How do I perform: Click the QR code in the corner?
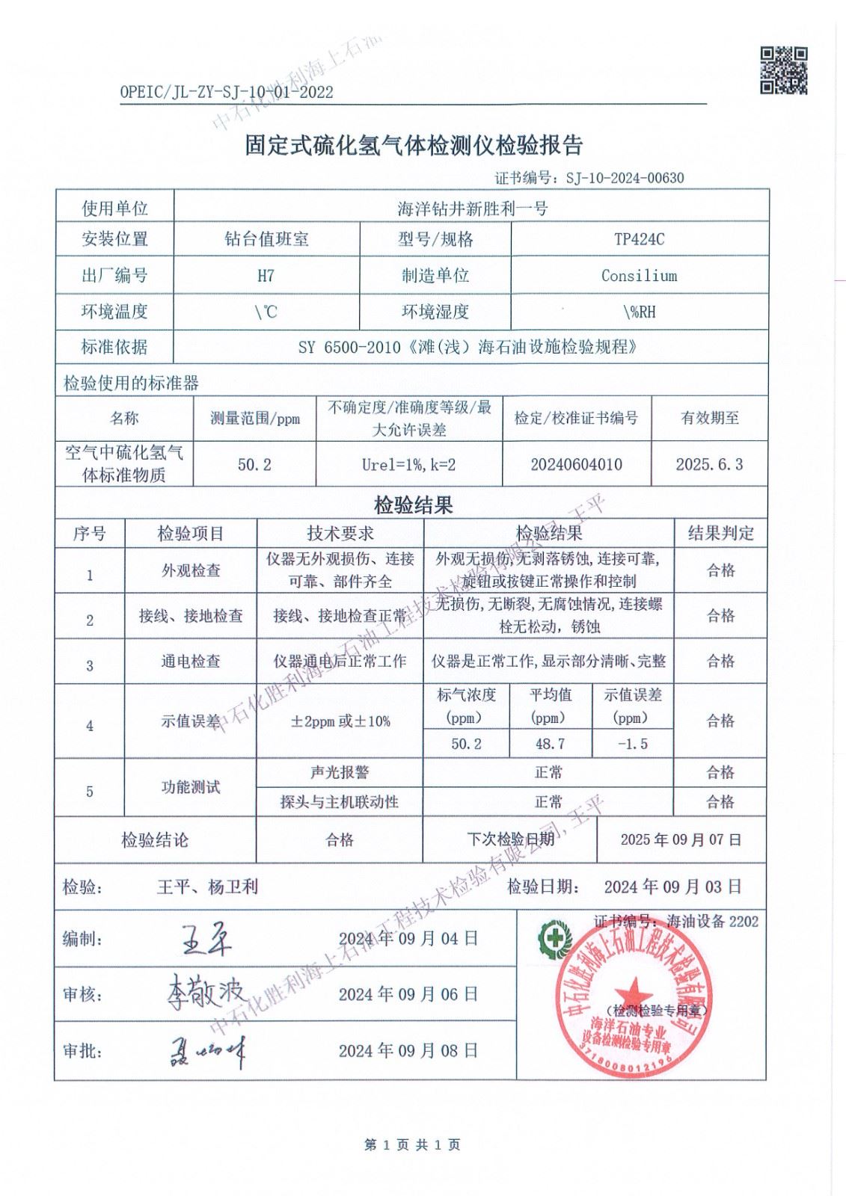pos(784,70)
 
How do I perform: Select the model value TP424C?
pos(639,239)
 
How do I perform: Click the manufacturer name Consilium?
pos(639,276)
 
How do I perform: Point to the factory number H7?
pos(266,276)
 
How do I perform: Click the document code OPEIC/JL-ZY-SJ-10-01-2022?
pos(226,93)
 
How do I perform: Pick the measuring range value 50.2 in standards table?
pos(254,464)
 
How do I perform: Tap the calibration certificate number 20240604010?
pos(576,464)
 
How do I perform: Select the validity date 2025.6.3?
pos(709,464)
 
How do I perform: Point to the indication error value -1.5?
pos(632,744)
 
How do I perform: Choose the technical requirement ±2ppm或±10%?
pos(340,721)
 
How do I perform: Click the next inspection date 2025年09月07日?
pos(681,839)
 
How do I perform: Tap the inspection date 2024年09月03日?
pos(672,887)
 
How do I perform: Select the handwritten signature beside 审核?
pos(205,993)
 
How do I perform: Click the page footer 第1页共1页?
pos(412,1144)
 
